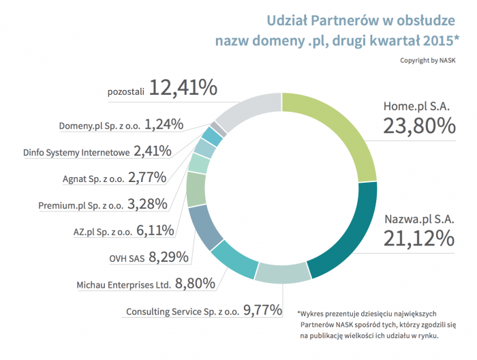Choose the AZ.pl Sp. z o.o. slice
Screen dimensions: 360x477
click(196, 189)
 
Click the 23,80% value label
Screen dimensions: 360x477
click(418, 126)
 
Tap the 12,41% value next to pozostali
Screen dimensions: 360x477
click(183, 88)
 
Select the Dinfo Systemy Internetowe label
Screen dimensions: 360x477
click(76, 152)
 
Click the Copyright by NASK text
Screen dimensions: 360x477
click(428, 60)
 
